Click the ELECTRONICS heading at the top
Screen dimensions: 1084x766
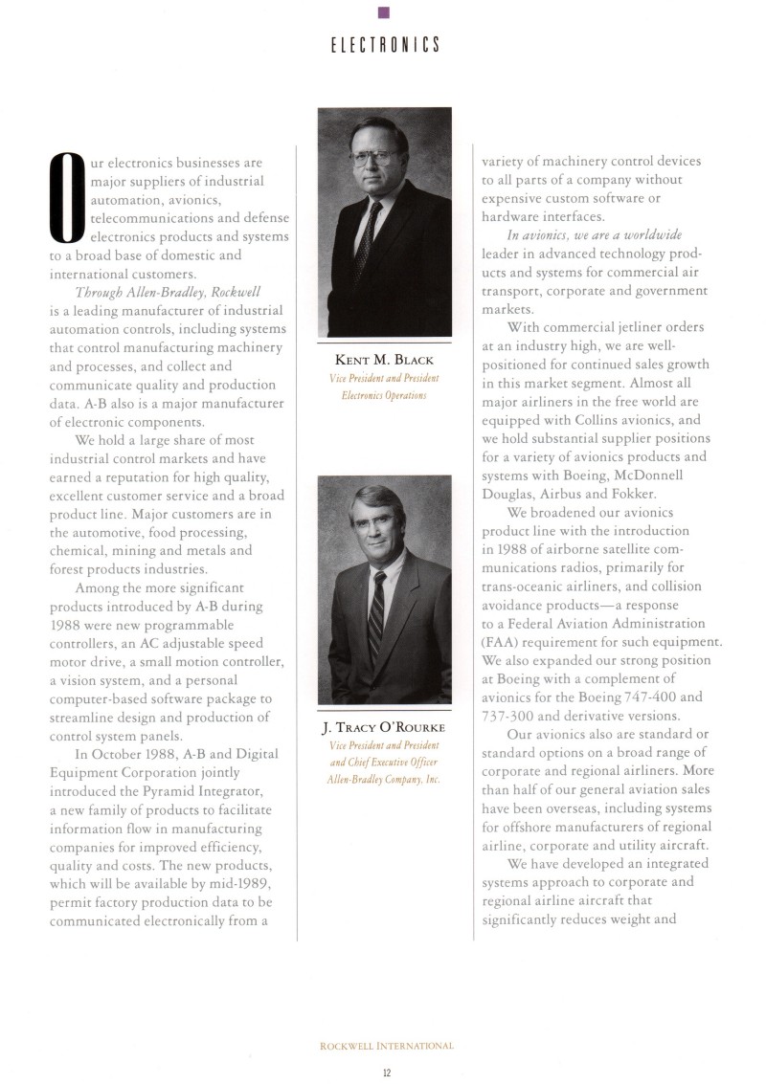(x=383, y=45)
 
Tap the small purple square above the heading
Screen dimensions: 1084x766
(x=383, y=11)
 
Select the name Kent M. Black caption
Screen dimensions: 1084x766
(x=384, y=359)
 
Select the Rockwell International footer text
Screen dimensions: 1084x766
(x=386, y=1046)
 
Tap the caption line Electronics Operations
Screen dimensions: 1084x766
(x=384, y=395)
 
